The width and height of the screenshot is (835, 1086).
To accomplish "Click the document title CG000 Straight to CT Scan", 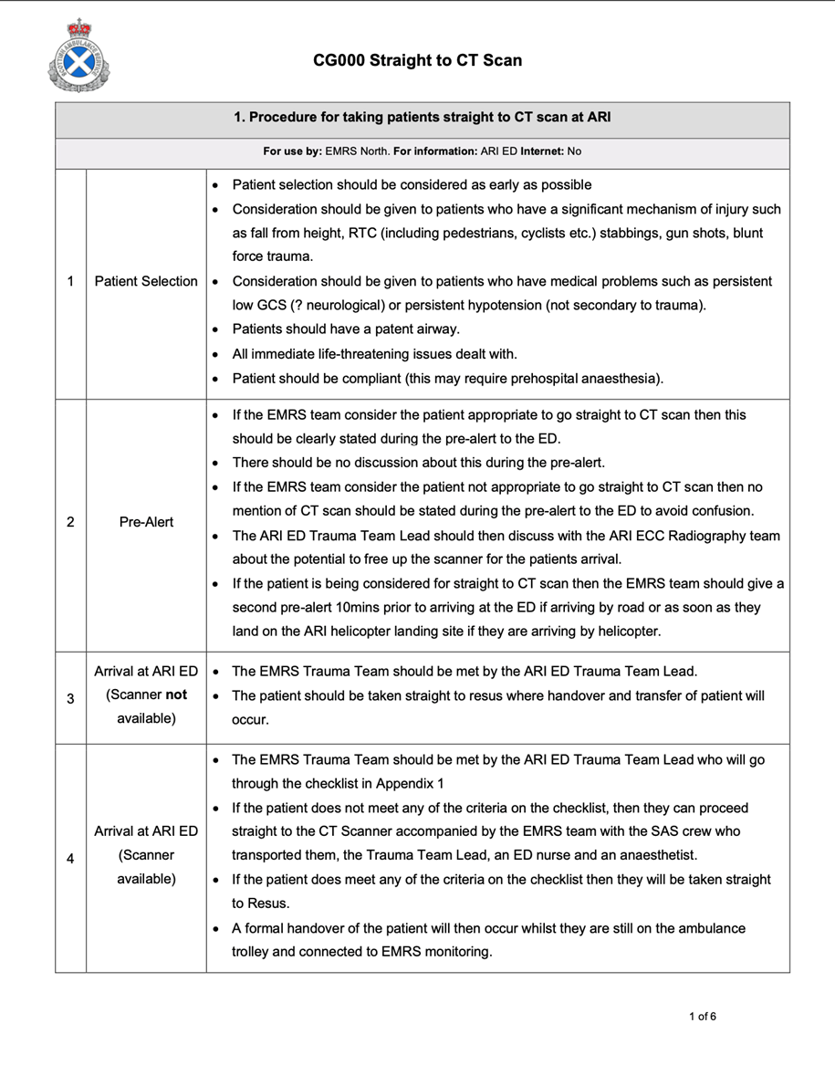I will (417, 60).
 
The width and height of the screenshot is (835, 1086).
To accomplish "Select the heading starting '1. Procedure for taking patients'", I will (422, 118).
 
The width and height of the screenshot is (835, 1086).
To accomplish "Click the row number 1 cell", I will (70, 281).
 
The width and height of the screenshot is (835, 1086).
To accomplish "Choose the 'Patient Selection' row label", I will (146, 281).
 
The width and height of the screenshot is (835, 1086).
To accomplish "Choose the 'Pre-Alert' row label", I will (146, 522).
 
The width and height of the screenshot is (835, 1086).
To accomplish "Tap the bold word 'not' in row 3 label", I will (177, 694).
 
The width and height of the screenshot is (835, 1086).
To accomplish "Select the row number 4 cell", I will (70, 858).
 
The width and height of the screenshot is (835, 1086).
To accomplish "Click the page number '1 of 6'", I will (702, 1017).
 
